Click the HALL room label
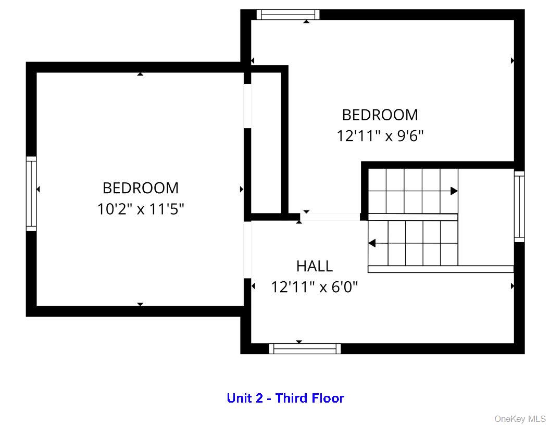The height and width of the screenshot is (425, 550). [x=314, y=266]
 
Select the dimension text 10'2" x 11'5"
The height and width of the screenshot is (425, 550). [x=141, y=209]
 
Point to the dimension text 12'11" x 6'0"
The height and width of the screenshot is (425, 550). [x=314, y=286]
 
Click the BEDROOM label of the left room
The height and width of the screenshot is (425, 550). [x=141, y=187]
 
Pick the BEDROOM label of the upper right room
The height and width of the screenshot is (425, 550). [x=380, y=115]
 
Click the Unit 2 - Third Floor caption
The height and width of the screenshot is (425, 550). [x=285, y=398]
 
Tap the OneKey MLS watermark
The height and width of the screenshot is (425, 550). [x=520, y=419]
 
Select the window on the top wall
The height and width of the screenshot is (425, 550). [x=288, y=15]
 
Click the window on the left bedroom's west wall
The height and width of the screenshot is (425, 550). [x=32, y=194]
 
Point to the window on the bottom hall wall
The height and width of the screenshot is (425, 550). [x=305, y=348]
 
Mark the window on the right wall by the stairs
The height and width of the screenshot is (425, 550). [x=519, y=206]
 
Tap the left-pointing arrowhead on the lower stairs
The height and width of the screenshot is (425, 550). [x=372, y=243]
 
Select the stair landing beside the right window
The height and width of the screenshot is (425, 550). [x=485, y=216]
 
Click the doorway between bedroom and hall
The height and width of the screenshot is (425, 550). [x=329, y=217]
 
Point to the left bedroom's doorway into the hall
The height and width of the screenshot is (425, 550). [x=247, y=249]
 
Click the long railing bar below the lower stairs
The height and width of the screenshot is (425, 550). [x=441, y=269]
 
